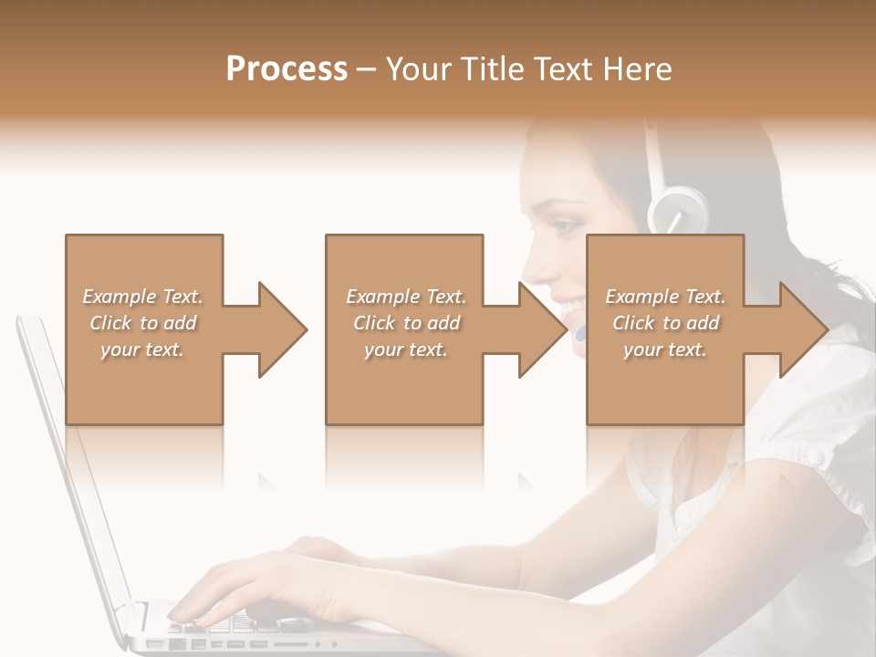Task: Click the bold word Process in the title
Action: click(x=287, y=68)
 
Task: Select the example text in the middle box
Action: click(x=405, y=323)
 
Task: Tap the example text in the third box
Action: click(x=664, y=323)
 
